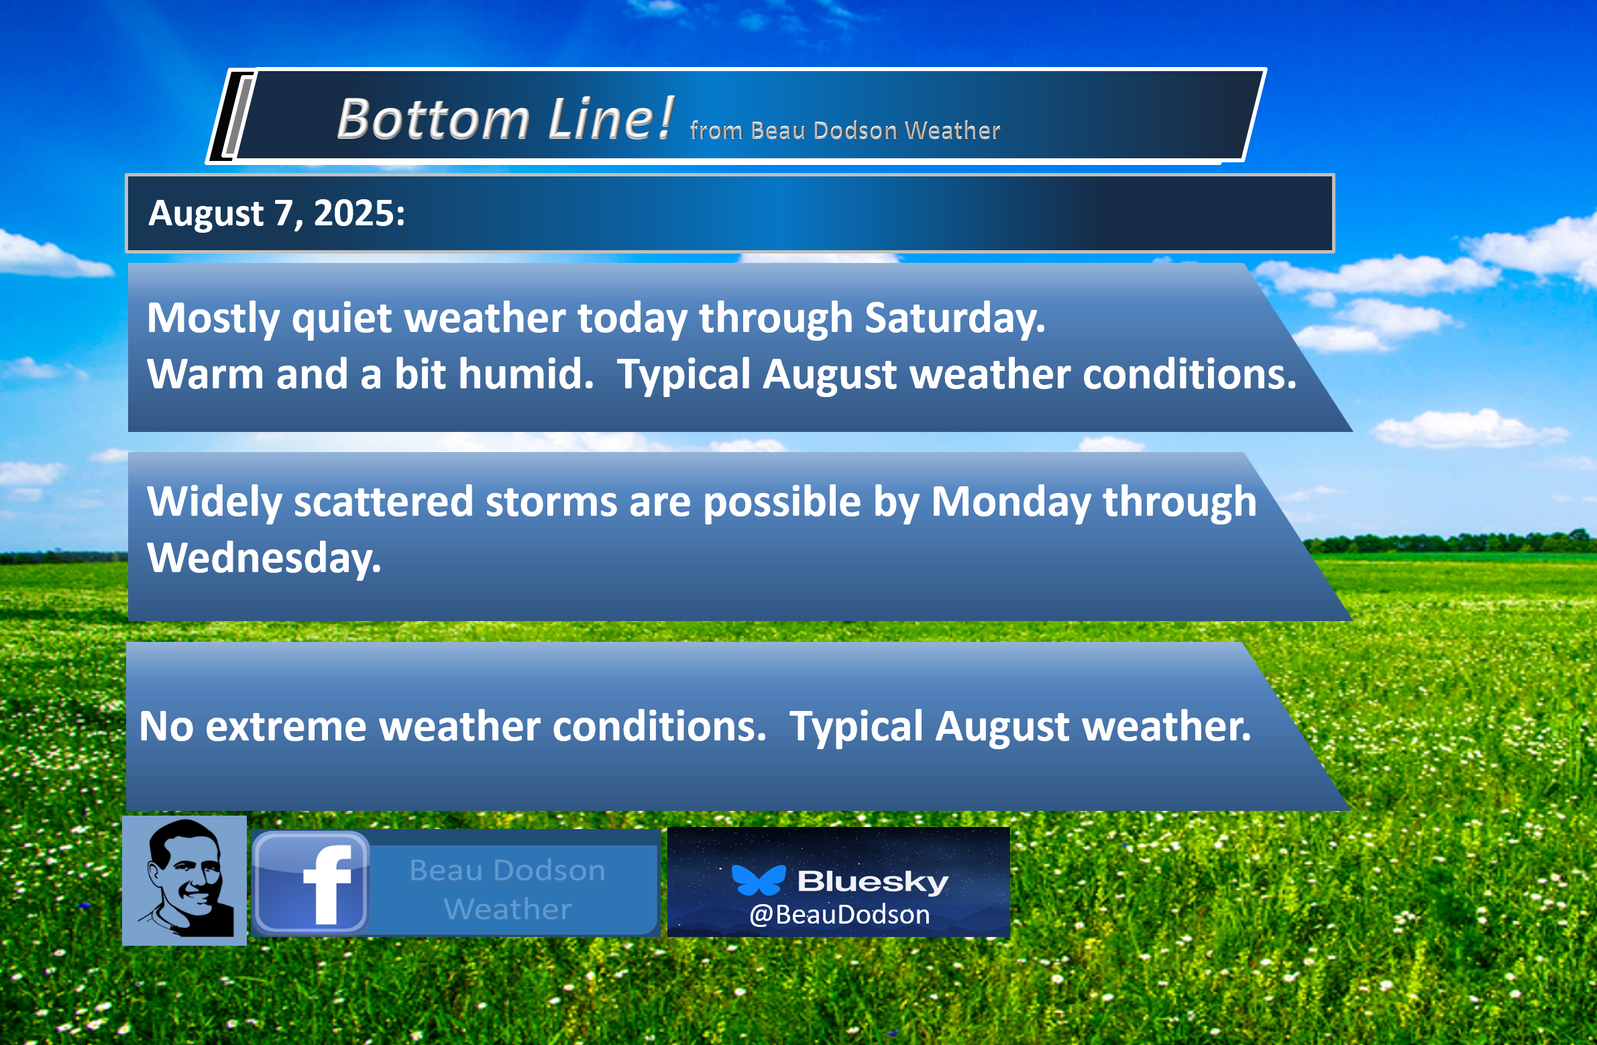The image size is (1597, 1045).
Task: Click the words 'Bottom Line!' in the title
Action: point(505,119)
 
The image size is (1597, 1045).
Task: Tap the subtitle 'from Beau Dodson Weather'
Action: point(845,130)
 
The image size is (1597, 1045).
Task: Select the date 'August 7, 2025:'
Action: point(276,213)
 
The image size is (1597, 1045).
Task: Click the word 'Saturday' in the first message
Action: point(955,317)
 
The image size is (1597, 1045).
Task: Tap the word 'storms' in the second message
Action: point(551,501)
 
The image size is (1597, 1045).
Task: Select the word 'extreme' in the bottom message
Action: point(286,726)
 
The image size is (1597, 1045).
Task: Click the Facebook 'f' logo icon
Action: point(311,883)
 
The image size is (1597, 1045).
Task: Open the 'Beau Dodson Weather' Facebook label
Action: point(508,889)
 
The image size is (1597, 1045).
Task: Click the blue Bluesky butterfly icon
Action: point(758,880)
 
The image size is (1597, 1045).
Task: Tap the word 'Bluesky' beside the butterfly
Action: point(873,881)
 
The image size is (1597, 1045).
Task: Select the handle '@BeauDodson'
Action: point(840,915)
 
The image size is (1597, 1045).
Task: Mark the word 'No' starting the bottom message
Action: point(166,726)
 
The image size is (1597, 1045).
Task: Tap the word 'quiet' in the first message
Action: point(341,318)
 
